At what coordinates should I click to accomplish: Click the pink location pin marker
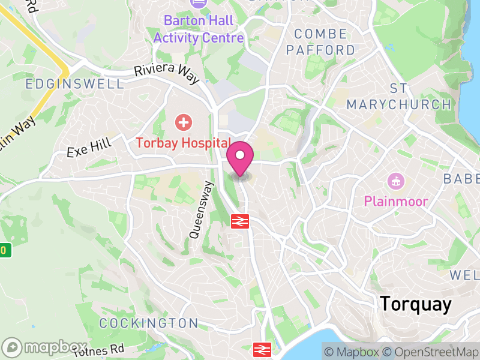(x=240, y=158)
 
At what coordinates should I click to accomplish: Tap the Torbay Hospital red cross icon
(x=183, y=123)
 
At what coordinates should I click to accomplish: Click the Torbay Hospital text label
(x=183, y=143)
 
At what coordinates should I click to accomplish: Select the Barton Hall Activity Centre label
(x=199, y=29)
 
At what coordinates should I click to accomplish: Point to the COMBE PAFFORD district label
(x=320, y=42)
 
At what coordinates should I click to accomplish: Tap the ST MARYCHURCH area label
(x=399, y=97)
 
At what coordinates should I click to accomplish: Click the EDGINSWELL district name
(x=74, y=84)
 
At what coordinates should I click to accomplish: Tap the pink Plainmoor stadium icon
(x=395, y=180)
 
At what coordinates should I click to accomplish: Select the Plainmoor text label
(x=395, y=200)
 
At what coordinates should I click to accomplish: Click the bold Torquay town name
(x=415, y=304)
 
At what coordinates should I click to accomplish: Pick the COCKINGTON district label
(x=148, y=323)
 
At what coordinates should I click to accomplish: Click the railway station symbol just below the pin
(x=240, y=221)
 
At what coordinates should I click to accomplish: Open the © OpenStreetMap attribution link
(x=430, y=352)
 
